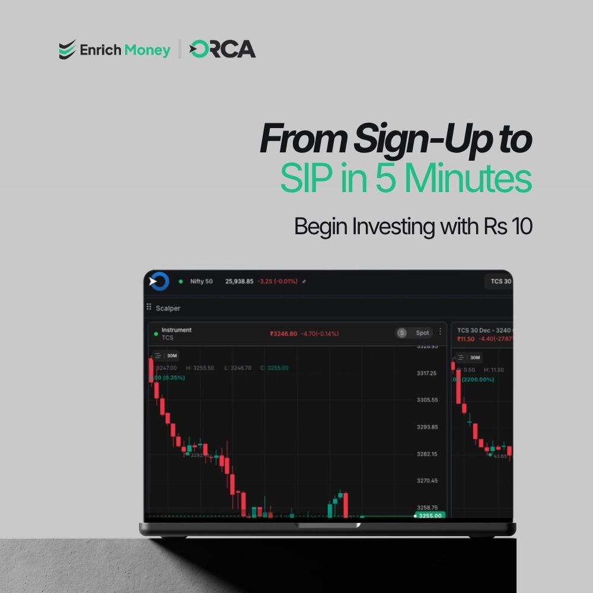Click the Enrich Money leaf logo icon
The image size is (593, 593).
(x=67, y=50)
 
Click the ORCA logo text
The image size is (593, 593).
(x=222, y=49)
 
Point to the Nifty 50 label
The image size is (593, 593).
(x=201, y=281)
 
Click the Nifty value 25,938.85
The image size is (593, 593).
(x=240, y=281)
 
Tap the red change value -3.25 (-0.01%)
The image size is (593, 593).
(x=277, y=281)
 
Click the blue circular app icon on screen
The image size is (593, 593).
(x=159, y=282)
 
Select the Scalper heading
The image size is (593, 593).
(x=168, y=308)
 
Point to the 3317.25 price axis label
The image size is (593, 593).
(x=426, y=373)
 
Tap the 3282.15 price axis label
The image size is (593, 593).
(x=426, y=454)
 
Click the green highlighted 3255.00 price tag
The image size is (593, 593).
(x=429, y=515)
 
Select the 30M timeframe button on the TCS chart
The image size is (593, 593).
(x=171, y=356)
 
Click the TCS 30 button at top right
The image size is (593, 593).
(x=499, y=281)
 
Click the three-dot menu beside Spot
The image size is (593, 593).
(x=440, y=331)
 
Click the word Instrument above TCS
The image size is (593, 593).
(x=176, y=330)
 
